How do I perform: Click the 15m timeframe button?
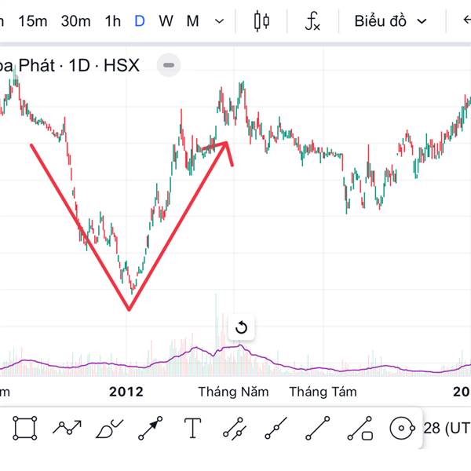click(32, 21)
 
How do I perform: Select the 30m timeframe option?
click(75, 21)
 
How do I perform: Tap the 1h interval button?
click(112, 21)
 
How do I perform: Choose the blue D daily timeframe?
click(139, 21)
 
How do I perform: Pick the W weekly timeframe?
click(166, 21)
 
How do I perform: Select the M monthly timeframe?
click(192, 21)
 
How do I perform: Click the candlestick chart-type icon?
click(261, 21)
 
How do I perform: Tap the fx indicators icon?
click(312, 21)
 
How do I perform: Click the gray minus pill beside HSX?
click(170, 65)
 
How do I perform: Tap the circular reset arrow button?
click(242, 327)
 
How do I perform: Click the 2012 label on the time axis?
click(126, 391)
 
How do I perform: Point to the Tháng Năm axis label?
click(233, 391)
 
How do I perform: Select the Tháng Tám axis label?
click(323, 391)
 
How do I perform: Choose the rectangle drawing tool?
click(25, 429)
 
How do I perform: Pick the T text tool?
click(193, 429)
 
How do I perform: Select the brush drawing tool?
click(109, 429)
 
